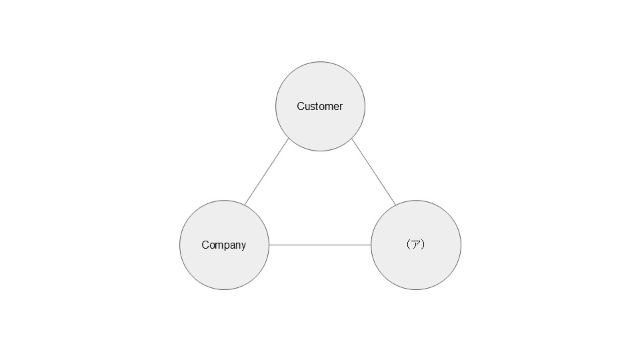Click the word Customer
[319, 107]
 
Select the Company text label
[224, 245]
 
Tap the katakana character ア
[416, 245]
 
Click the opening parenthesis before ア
[409, 245]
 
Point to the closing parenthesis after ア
[423, 245]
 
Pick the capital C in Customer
[301, 106]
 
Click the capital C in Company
[205, 245]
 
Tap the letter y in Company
[244, 247]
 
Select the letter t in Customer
[317, 106]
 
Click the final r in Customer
[341, 107]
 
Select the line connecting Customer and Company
[267, 172]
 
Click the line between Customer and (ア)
[374, 172]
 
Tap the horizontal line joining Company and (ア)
[320, 245]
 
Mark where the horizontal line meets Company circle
[269, 245]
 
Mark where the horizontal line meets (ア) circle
[371, 245]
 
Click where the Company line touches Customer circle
[289, 139]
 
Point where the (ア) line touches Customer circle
[352, 139]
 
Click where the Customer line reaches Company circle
[245, 205]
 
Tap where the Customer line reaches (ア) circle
[396, 205]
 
